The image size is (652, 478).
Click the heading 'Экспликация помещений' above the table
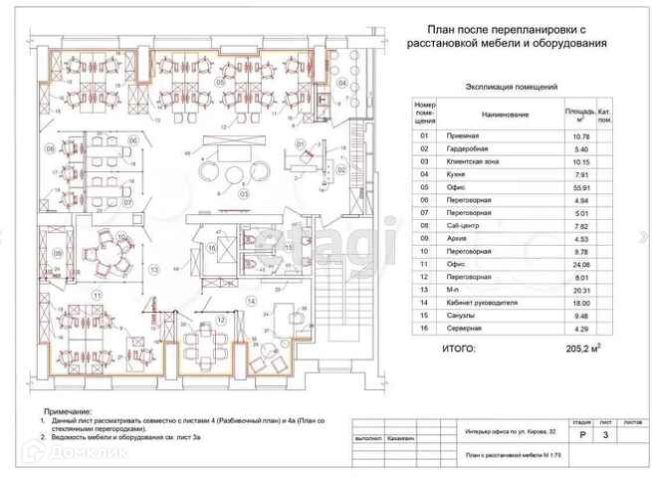point(512,88)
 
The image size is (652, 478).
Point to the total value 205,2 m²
point(584,350)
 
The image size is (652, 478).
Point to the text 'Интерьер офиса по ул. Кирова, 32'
point(507,432)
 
